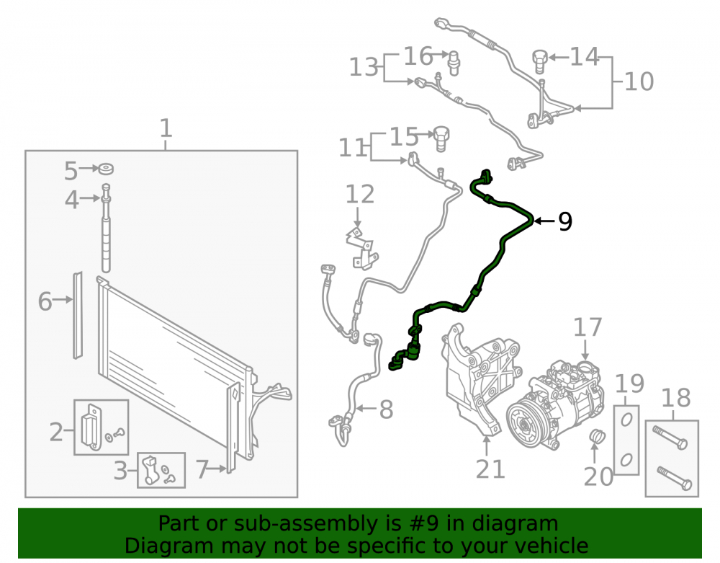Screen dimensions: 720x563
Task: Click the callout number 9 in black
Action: pyautogui.click(x=565, y=221)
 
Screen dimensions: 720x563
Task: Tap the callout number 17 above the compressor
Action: pyautogui.click(x=588, y=327)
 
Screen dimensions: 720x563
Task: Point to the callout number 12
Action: pyautogui.click(x=359, y=194)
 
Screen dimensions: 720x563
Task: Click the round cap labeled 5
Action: pyautogui.click(x=106, y=169)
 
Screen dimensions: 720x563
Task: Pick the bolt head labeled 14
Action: pyautogui.click(x=539, y=61)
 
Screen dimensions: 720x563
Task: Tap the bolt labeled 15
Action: pyautogui.click(x=441, y=138)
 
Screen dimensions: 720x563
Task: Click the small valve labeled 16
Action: pyautogui.click(x=454, y=63)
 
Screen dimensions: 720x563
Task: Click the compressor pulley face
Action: pyautogui.click(x=526, y=422)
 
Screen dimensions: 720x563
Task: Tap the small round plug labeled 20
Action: pyautogui.click(x=596, y=437)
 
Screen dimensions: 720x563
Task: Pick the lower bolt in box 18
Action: pyautogui.click(x=674, y=479)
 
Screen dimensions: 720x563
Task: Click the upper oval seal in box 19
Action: pyautogui.click(x=626, y=419)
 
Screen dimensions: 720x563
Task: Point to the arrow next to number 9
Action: pyautogui.click(x=545, y=221)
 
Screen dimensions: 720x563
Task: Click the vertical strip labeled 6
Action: pyautogui.click(x=78, y=315)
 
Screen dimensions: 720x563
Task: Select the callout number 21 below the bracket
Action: pyautogui.click(x=490, y=469)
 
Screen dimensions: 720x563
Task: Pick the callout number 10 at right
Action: pyautogui.click(x=639, y=81)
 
